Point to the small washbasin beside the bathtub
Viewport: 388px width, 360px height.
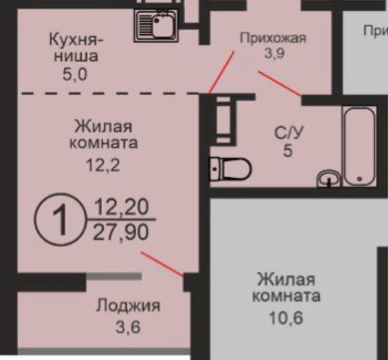(329, 178)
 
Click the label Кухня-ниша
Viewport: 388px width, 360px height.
(76, 48)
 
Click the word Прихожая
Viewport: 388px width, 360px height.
(273, 39)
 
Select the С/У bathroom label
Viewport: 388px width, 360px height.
(288, 133)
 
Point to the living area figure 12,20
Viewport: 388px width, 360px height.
(121, 206)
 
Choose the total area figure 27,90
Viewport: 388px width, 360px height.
(121, 233)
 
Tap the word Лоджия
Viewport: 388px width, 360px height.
(128, 305)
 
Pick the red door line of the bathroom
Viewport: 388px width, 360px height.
(279, 83)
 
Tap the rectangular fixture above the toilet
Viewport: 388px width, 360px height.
(223, 118)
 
